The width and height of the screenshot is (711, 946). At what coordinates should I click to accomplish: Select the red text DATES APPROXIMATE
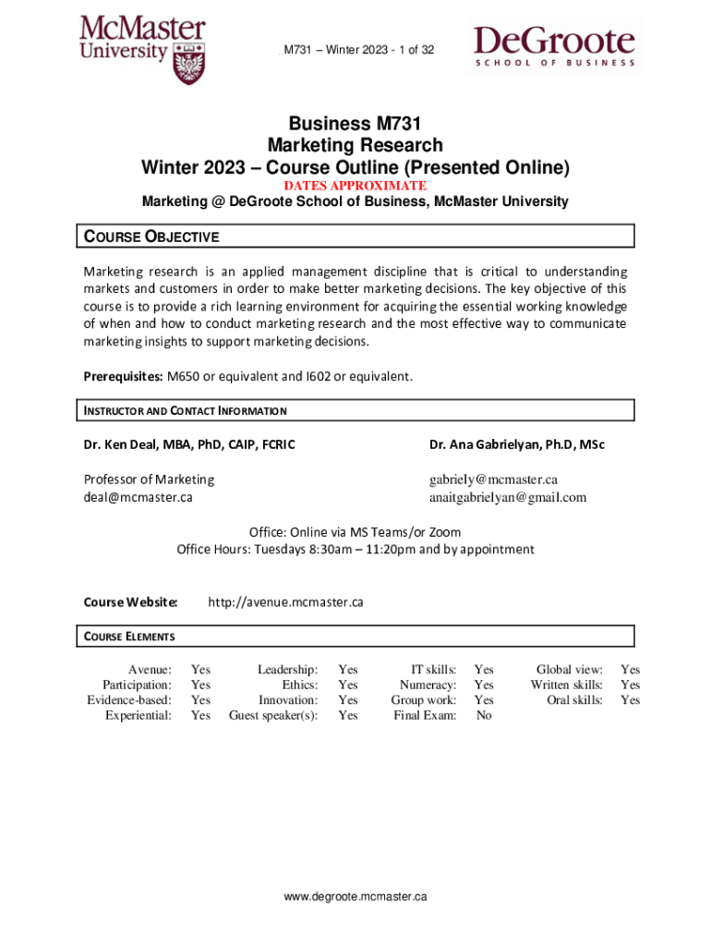355,186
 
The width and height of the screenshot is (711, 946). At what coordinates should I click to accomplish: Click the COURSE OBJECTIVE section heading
152,236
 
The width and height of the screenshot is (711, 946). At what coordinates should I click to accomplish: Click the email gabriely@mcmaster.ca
493,479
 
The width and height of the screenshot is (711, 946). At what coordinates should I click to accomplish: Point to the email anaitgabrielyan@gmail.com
508,497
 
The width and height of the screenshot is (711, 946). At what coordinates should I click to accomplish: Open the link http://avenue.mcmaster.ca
285,602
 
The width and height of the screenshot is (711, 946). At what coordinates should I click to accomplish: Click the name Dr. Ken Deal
119,444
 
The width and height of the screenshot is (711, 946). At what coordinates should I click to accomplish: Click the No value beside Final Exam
484,715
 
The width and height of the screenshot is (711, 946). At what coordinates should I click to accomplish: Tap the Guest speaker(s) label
273,715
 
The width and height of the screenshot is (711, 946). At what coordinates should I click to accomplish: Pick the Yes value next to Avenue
200,670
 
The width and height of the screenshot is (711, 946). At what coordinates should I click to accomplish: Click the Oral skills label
575,700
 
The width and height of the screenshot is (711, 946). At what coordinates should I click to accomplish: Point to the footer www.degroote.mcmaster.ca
355,896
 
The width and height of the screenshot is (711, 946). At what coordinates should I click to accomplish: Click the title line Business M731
355,124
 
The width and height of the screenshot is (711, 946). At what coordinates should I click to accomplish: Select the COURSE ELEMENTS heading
130,637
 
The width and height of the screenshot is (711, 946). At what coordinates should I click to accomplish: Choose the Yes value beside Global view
630,670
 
